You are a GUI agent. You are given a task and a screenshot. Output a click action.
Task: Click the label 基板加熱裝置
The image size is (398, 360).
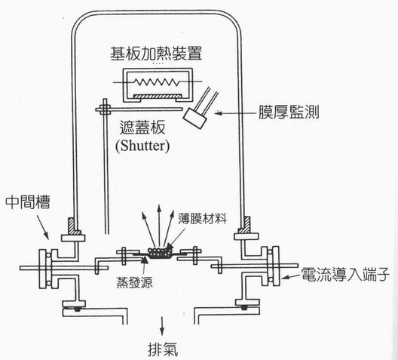156,54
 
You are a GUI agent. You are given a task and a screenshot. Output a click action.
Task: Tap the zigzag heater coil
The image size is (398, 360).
157,82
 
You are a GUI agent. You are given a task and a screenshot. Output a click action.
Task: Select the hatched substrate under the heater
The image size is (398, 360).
158,96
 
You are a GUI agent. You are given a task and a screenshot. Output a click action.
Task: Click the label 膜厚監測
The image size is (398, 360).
289,112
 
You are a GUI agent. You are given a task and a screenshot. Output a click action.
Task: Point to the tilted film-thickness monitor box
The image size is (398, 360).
194,118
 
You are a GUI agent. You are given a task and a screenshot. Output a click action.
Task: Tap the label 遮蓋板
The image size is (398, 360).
142,127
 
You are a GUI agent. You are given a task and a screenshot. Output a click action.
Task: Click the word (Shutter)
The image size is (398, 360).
142,146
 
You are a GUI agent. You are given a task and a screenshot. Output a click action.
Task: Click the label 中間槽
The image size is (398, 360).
28,202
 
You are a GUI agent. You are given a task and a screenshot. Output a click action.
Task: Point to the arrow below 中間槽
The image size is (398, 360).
43,227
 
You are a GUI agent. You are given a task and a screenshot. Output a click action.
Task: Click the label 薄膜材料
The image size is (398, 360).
202,218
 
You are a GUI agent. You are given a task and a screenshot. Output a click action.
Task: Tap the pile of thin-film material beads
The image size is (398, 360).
160,253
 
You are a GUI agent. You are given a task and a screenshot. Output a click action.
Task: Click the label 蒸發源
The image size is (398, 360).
134,282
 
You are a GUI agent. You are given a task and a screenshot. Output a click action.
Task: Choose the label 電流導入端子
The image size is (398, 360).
344,275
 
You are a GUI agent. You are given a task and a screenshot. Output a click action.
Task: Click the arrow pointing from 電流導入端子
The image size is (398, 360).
291,276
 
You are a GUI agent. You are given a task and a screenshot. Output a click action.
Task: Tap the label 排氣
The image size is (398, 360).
163,349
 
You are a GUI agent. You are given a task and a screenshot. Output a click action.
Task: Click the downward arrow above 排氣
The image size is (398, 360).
161,326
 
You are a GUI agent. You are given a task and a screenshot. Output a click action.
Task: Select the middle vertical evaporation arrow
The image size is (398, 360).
159,226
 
